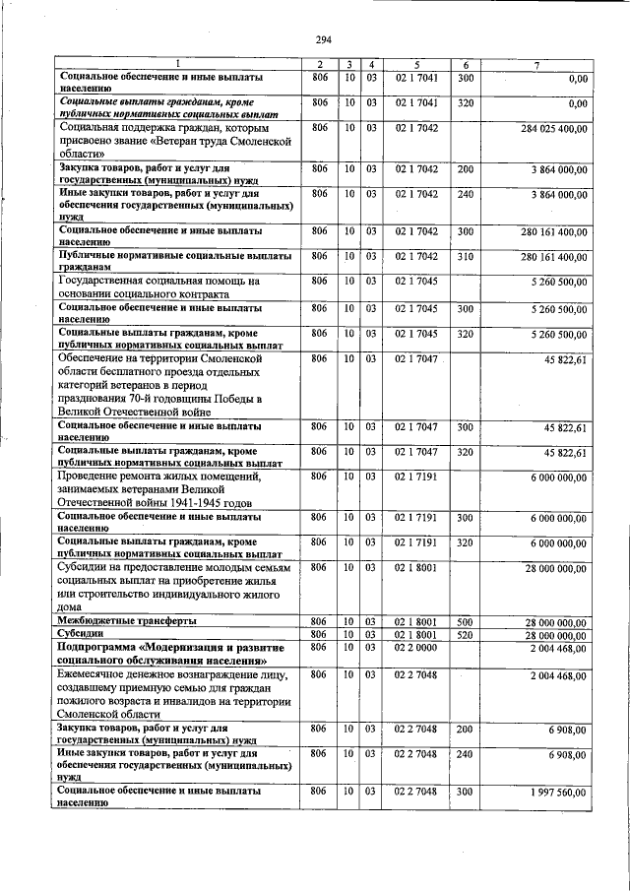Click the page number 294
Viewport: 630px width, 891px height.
pyautogui.click(x=322, y=39)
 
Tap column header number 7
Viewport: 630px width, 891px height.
pyautogui.click(x=535, y=65)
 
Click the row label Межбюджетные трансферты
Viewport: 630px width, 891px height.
pyautogui.click(x=127, y=621)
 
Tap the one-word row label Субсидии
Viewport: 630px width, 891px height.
pyautogui.click(x=82, y=634)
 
